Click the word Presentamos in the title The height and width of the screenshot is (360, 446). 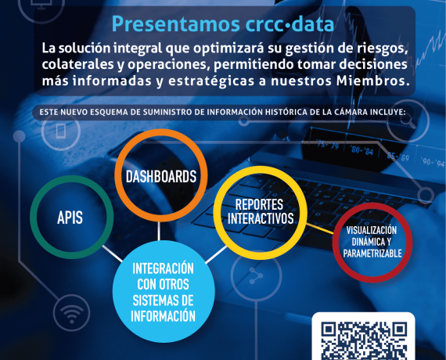click(x=176, y=24)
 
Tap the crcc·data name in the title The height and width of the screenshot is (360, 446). click(x=290, y=24)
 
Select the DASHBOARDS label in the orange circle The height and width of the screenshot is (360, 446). click(x=161, y=176)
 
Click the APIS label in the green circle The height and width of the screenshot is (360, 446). click(x=70, y=218)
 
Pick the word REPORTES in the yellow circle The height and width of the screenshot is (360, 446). click(x=259, y=204)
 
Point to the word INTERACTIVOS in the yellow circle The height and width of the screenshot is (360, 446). click(x=261, y=218)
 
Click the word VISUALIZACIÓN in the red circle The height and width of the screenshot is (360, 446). click(x=372, y=230)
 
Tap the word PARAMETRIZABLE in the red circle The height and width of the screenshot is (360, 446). click(x=372, y=253)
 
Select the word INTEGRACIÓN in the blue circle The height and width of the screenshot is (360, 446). click(x=163, y=268)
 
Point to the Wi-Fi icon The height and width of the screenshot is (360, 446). click(x=72, y=313)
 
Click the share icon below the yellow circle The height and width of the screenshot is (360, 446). click(x=256, y=275)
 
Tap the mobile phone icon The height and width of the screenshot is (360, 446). click(x=61, y=131)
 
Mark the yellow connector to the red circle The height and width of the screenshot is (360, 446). click(x=319, y=229)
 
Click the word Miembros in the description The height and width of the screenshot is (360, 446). click(x=372, y=81)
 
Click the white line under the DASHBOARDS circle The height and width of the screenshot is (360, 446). click(x=159, y=231)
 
